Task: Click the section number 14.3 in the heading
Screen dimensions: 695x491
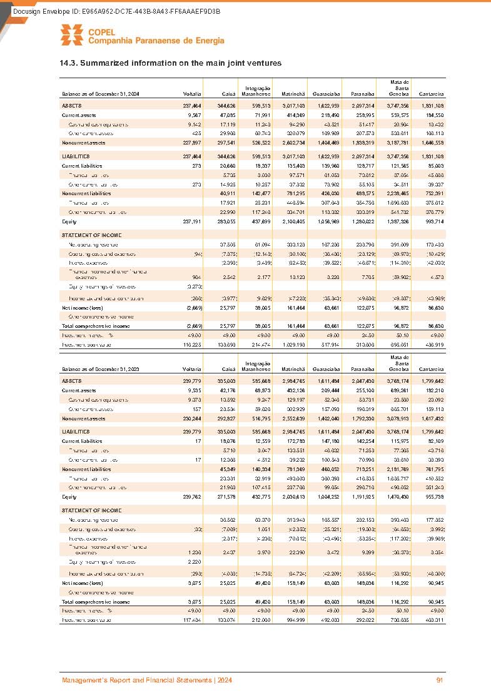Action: [68, 63]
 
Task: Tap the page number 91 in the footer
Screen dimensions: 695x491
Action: [440, 680]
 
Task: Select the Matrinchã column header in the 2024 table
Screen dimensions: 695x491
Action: [293, 93]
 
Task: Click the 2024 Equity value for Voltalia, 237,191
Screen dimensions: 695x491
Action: [190, 221]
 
